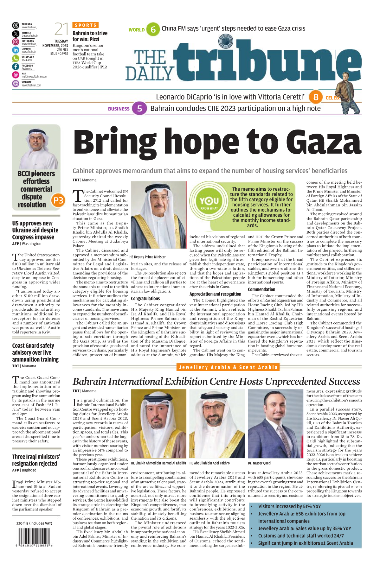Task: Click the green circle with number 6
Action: pos(153,29)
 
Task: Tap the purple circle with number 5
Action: pos(139,109)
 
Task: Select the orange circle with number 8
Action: pos(316,97)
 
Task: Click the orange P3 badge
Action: pos(58,200)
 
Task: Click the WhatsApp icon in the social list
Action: pos(16,59)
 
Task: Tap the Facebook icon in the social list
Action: pos(16,66)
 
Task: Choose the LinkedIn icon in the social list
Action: pos(16,50)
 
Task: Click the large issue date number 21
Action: pos(61,29)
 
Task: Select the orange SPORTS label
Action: pos(86,25)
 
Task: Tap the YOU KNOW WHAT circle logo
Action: pos(209,203)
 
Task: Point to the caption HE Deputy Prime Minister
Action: pos(147,257)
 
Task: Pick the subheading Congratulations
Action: pos(145,298)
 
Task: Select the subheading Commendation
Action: pos(261,289)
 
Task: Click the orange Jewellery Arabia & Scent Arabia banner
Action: pos(228,367)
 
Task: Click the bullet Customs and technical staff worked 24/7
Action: pos(301,536)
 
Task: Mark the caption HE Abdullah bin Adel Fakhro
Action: pos(209,463)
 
